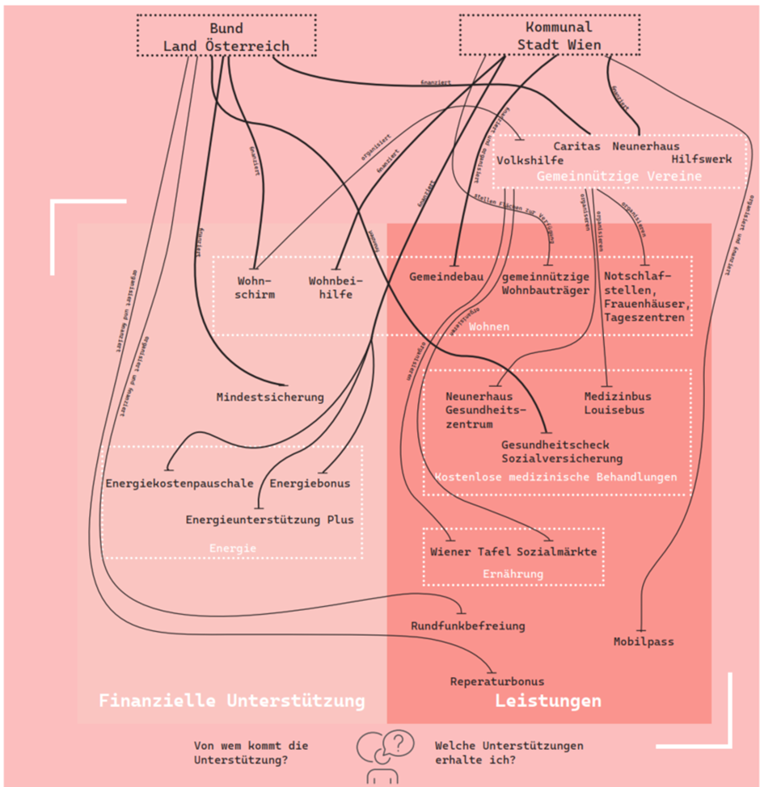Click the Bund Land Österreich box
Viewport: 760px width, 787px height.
point(226,37)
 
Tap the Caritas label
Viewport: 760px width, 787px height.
point(577,146)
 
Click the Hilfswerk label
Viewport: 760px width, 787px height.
point(701,159)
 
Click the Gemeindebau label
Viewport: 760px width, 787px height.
point(446,276)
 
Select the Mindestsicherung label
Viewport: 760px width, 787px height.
point(270,397)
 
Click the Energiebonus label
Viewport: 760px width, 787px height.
point(310,483)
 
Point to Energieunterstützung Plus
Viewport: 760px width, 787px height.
point(269,520)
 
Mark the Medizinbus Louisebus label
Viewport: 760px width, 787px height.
point(618,403)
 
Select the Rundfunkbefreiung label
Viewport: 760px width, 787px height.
point(468,625)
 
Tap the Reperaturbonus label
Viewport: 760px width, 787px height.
point(497,681)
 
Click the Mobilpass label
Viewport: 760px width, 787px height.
point(644,642)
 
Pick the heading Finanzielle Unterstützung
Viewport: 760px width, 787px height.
point(232,700)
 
